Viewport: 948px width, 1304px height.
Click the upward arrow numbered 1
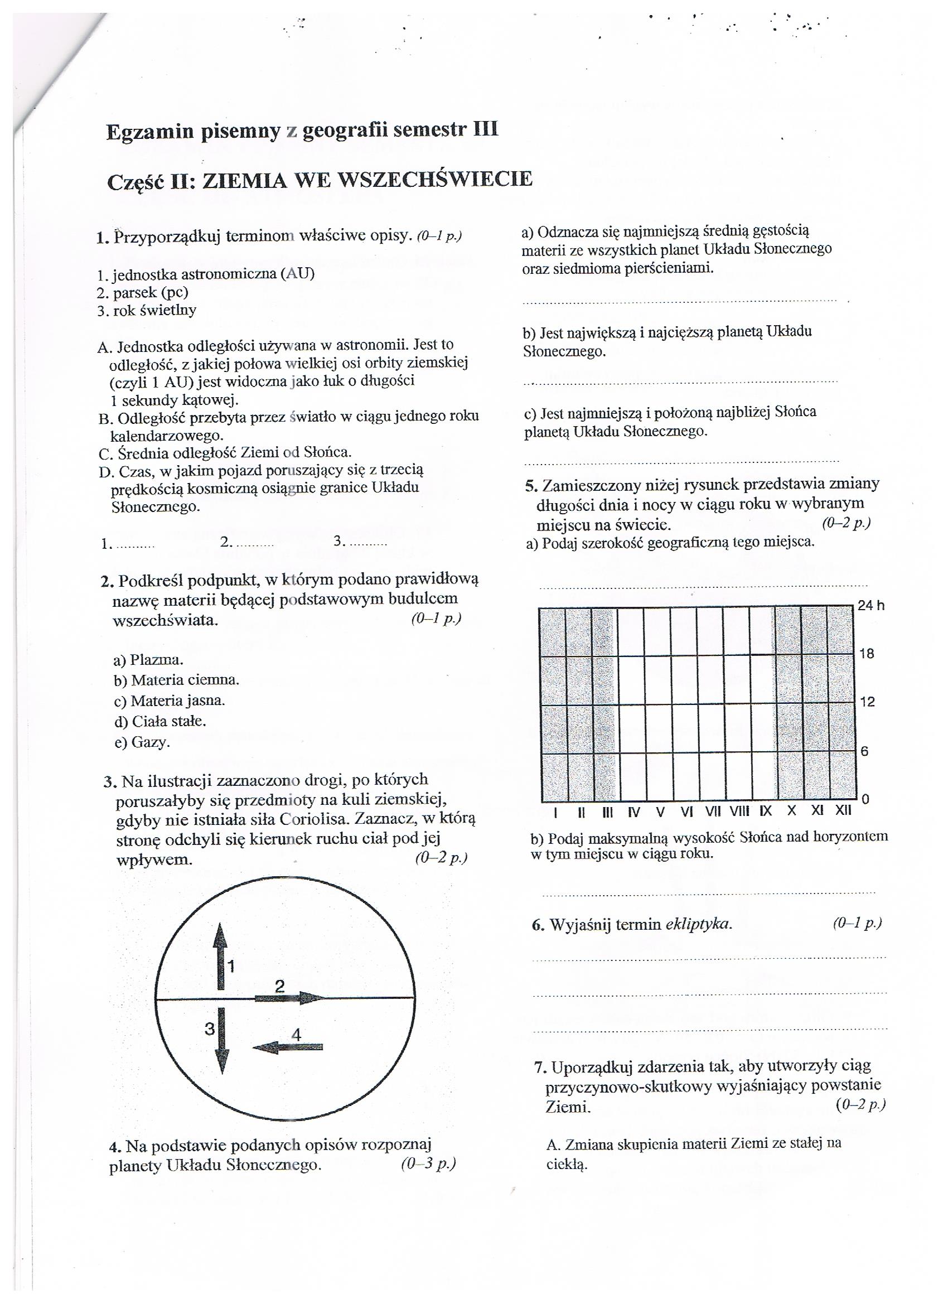(x=219, y=957)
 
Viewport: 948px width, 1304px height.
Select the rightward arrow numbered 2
(x=291, y=998)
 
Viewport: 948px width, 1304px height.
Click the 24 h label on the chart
(x=871, y=606)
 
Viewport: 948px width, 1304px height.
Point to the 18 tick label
(x=867, y=654)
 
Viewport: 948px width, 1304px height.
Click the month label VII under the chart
(x=713, y=812)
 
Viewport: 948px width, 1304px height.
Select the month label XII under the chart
(x=843, y=811)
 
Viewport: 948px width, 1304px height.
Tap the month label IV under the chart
(x=634, y=812)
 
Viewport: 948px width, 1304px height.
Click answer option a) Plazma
(x=149, y=659)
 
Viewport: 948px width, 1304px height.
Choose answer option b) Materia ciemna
(x=176, y=680)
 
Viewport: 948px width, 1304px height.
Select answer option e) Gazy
(x=143, y=742)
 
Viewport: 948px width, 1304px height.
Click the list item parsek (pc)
(x=143, y=292)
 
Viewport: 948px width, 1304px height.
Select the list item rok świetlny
(x=147, y=311)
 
